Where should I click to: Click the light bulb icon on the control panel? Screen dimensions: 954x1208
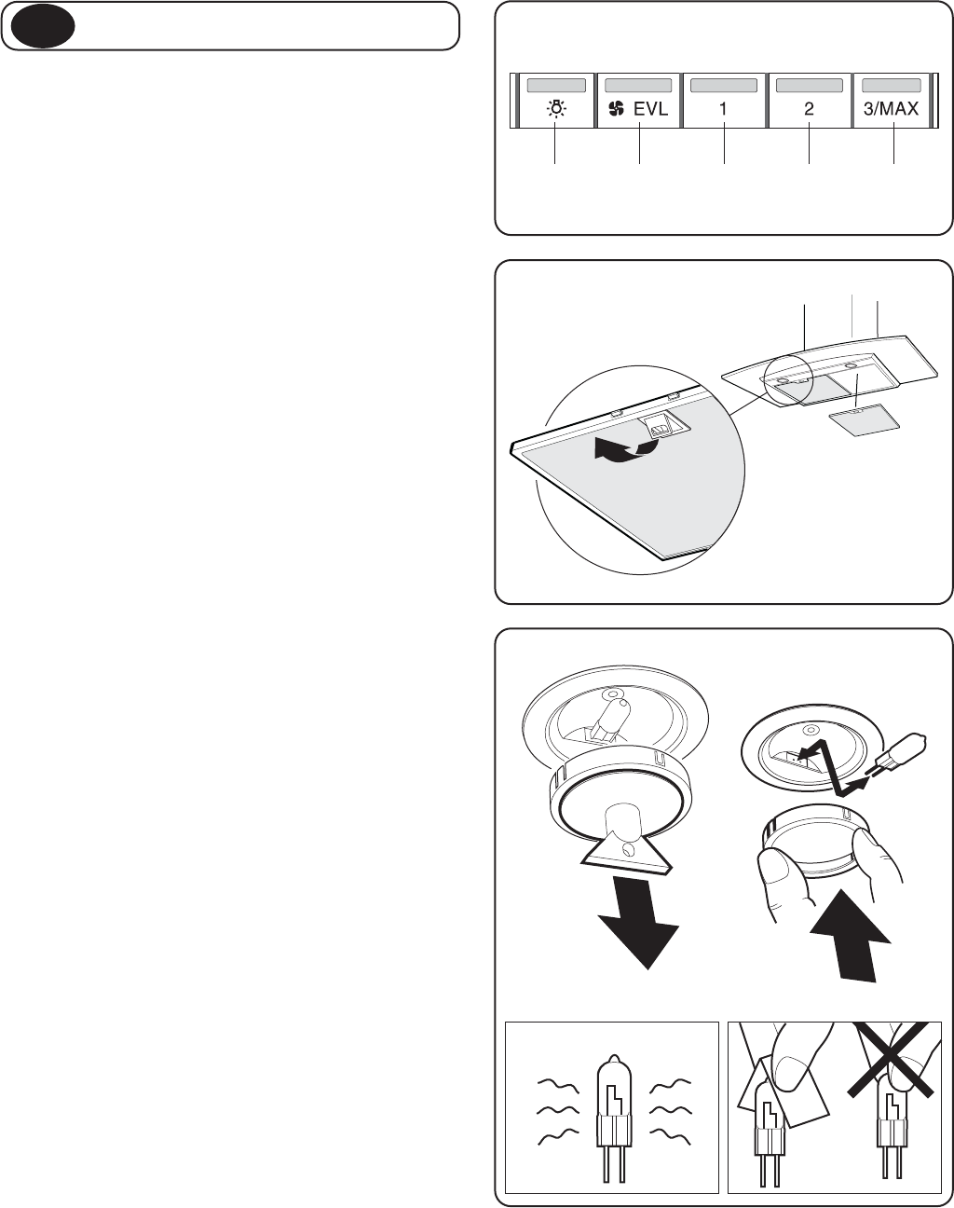pos(556,109)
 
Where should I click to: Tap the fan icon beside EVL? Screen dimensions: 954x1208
pos(616,109)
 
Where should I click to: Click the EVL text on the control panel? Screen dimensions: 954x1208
pos(650,109)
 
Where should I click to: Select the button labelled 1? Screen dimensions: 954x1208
pos(723,109)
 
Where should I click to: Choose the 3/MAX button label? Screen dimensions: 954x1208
pos(891,108)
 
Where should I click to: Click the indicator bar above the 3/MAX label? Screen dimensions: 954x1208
pos(892,86)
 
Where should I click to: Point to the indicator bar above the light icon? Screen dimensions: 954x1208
pos(556,86)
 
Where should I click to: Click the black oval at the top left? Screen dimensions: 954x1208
pos(43,26)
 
